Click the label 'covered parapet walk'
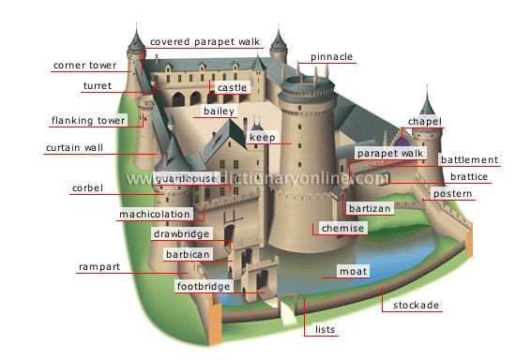coord(204,42)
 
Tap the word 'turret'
coord(97,85)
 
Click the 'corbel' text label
coord(86,188)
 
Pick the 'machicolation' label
coord(155,214)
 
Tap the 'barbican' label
coord(185,254)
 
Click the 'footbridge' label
coord(201,286)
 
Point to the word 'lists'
coord(326,331)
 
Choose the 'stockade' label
coord(417,306)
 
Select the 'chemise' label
coord(337,228)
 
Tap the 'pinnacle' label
coord(332,57)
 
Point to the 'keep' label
coord(261,138)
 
